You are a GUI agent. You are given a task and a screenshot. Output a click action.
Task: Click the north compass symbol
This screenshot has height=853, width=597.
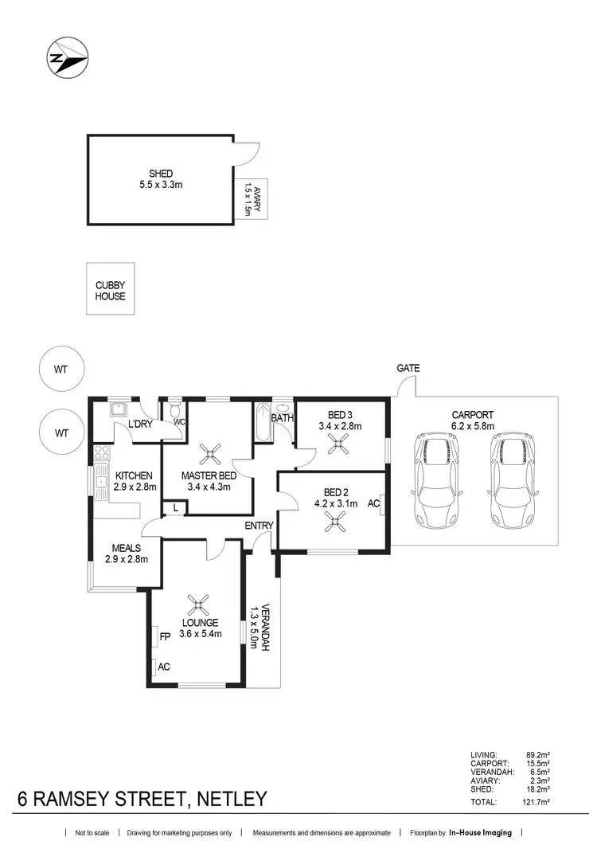point(67,57)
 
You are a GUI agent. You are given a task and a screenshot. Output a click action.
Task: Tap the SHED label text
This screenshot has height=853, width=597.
point(161,174)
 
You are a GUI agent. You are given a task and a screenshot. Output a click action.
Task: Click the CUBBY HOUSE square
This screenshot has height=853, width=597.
point(111,292)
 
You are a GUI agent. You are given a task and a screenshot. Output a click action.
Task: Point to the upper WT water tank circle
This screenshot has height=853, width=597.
point(61,370)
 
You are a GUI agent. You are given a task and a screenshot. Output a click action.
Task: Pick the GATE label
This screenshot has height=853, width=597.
point(408,369)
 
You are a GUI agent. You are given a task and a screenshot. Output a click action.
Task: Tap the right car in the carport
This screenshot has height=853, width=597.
point(509,482)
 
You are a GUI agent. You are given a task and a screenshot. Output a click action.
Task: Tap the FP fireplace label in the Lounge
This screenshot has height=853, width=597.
point(166,637)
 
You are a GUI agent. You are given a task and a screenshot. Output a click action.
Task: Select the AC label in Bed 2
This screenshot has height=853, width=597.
point(374,504)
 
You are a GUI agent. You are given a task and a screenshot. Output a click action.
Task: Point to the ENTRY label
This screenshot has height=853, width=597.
point(259,526)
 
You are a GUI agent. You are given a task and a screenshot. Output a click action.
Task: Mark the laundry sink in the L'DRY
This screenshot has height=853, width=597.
point(119,410)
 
